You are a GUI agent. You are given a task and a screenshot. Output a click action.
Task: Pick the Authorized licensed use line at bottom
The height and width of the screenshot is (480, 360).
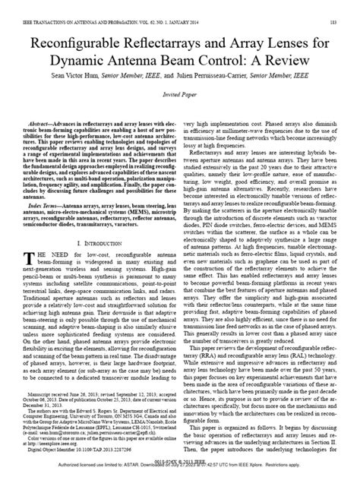(179, 475)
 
